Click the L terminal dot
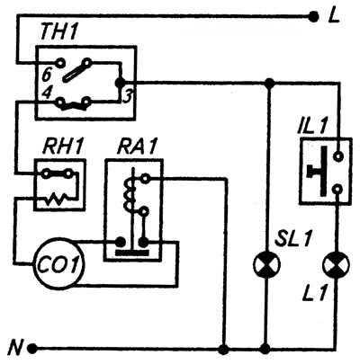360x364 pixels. [x=313, y=17]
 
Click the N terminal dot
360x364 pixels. [x=32, y=349]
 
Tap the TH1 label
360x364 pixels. [x=58, y=31]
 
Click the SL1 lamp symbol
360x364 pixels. [x=267, y=265]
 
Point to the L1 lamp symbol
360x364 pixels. [x=336, y=265]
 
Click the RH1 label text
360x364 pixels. [x=61, y=147]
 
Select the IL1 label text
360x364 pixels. [x=312, y=127]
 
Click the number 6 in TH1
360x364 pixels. [x=47, y=75]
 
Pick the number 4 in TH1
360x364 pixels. [x=46, y=93]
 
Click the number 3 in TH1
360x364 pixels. [x=127, y=96]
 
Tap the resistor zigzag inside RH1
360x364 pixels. [x=57, y=199]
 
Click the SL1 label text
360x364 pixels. [x=292, y=238]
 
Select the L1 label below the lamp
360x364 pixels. [x=315, y=293]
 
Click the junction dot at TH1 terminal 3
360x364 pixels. [x=121, y=82]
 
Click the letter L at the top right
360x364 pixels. [x=334, y=17]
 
